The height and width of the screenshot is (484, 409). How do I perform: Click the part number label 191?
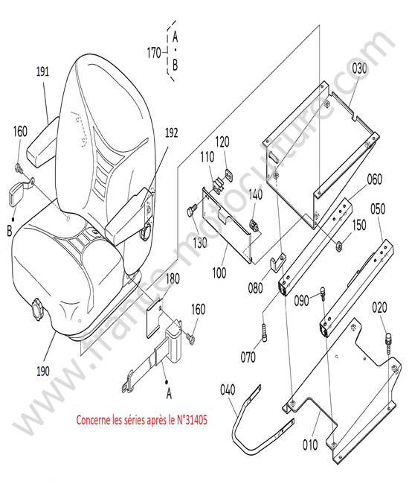pyautogui.click(x=42, y=71)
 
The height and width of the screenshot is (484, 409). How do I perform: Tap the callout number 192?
pyautogui.click(x=171, y=133)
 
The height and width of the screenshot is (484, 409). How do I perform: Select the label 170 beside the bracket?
pyautogui.click(x=154, y=53)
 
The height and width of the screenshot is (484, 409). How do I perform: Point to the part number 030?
pyautogui.click(x=359, y=69)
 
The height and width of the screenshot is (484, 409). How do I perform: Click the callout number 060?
pyautogui.click(x=375, y=179)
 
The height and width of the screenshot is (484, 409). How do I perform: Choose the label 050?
pyautogui.click(x=378, y=208)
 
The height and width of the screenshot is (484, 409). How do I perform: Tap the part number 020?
pyautogui.click(x=379, y=308)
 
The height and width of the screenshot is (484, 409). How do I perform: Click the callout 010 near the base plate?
pyautogui.click(x=310, y=445)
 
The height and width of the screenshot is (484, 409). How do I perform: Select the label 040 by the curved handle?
pyautogui.click(x=228, y=389)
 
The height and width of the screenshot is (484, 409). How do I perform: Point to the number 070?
pyautogui.click(x=248, y=357)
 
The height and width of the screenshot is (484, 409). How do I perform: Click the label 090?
pyautogui.click(x=301, y=300)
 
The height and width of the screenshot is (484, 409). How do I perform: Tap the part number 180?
pyautogui.click(x=173, y=278)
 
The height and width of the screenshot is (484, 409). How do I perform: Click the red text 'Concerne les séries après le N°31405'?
pyautogui.click(x=142, y=420)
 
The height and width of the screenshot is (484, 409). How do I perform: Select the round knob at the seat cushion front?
pyautogui.click(x=37, y=309)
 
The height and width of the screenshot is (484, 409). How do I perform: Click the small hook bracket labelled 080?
pyautogui.click(x=277, y=262)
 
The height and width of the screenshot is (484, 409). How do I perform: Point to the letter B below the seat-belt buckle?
pyautogui.click(x=9, y=231)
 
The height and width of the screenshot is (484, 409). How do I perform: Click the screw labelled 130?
pyautogui.click(x=191, y=211)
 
